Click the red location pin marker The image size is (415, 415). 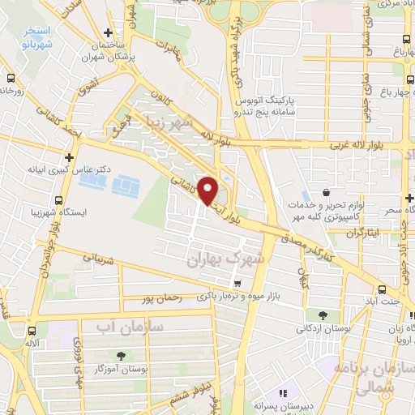(208, 191)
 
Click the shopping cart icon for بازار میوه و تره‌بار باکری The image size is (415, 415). (236, 284)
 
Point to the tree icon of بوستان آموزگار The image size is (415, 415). (122, 355)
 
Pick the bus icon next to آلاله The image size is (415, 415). (32, 331)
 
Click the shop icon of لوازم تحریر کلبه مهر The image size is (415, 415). (326, 193)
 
